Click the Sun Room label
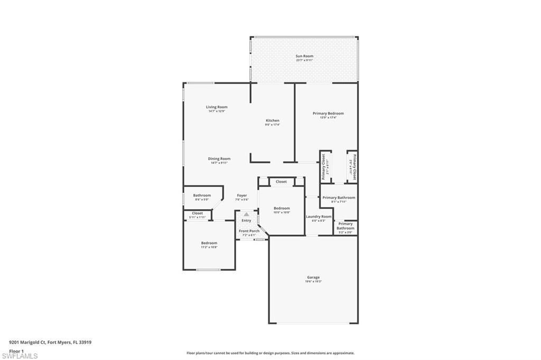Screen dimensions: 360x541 point(304,56)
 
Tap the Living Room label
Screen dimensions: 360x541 point(217,107)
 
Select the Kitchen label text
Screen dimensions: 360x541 point(272,121)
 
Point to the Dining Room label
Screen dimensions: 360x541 point(219,159)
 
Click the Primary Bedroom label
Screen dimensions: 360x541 point(328,113)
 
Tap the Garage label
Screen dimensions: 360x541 point(313,277)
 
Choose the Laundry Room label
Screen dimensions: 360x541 point(319,216)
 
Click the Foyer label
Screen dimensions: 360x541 point(241,196)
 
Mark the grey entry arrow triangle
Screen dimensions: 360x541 point(246,214)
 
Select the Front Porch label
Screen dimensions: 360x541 point(249,231)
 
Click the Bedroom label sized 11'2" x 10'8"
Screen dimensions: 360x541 point(209,243)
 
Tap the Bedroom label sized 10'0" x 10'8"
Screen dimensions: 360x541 point(281,209)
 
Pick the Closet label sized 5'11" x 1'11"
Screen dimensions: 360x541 point(197,213)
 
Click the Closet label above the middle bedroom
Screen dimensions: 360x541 point(281,182)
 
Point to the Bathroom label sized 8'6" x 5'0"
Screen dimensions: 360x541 point(202,195)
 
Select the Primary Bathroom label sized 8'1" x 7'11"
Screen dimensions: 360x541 point(339,198)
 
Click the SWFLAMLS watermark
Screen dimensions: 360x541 point(20,356)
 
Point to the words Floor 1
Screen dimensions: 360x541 point(16,350)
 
